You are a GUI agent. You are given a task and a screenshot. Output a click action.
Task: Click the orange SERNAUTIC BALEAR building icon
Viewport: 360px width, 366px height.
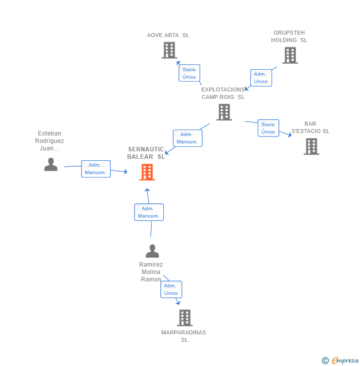click(x=147, y=172)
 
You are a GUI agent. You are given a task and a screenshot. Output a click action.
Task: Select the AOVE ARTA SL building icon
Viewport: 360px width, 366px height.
click(x=169, y=50)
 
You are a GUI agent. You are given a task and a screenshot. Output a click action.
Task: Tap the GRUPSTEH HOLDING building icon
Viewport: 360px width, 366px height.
click(x=290, y=55)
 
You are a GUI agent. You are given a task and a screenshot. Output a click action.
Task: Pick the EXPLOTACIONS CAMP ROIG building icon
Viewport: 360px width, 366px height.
click(x=224, y=112)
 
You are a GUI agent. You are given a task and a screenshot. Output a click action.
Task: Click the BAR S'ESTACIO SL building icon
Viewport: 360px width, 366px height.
click(x=311, y=146)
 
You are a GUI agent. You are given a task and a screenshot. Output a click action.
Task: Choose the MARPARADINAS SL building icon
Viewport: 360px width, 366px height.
click(x=184, y=318)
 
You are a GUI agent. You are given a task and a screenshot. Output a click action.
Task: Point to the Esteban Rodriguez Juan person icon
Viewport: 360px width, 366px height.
click(x=51, y=164)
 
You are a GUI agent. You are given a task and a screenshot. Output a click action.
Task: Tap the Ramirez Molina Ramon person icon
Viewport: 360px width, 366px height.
click(x=152, y=251)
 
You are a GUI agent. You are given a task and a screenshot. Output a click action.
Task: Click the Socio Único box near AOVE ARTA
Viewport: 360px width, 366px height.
click(x=189, y=73)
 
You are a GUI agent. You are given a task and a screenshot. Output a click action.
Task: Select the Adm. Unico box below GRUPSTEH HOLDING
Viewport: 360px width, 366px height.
click(x=261, y=78)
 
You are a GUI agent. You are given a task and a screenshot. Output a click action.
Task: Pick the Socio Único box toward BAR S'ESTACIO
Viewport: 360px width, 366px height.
click(x=268, y=128)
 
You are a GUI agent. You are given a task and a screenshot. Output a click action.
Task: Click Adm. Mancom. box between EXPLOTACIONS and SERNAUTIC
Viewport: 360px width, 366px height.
click(x=187, y=138)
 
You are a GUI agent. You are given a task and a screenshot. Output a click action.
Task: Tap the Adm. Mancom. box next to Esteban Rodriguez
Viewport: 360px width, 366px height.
click(x=95, y=169)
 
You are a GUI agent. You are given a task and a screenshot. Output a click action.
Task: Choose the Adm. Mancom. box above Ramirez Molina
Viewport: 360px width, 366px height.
click(x=148, y=212)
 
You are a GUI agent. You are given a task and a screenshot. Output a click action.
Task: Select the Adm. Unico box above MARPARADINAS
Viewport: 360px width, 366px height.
click(x=171, y=289)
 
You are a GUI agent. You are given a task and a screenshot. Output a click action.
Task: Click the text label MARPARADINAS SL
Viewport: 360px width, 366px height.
click(x=184, y=336)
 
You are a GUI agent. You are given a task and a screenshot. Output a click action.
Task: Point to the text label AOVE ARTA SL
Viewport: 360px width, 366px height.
click(x=168, y=35)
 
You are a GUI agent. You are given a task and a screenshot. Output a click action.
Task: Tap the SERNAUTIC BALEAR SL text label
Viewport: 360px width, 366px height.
click(x=146, y=153)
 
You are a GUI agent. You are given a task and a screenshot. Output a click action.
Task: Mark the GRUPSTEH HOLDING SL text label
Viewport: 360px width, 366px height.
click(x=289, y=37)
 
